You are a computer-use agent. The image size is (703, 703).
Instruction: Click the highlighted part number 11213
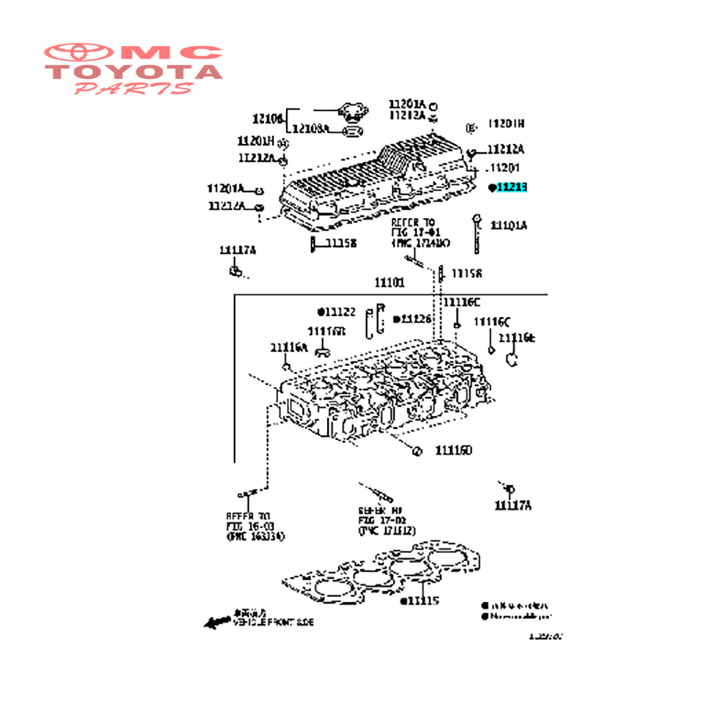pos(512,187)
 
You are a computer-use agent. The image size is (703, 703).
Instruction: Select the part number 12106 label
pos(267,119)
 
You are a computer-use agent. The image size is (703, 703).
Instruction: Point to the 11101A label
pos(509,226)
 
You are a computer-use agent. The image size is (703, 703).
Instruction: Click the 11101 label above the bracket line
pos(389,283)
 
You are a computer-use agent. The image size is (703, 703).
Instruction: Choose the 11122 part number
pos(340,312)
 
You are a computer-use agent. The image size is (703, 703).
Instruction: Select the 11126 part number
pos(416,319)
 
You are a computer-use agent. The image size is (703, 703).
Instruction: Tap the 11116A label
pos(289,348)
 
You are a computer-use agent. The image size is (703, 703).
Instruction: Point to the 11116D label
pos(454,451)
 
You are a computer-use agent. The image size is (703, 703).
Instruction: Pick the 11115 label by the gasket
pos(423,601)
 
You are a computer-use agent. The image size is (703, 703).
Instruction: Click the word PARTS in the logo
pos(133,88)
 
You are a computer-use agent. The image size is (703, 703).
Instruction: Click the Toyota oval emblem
pos(78,53)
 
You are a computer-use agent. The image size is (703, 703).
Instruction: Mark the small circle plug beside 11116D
pos(417,451)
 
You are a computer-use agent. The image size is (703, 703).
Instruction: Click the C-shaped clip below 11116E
pos(512,359)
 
